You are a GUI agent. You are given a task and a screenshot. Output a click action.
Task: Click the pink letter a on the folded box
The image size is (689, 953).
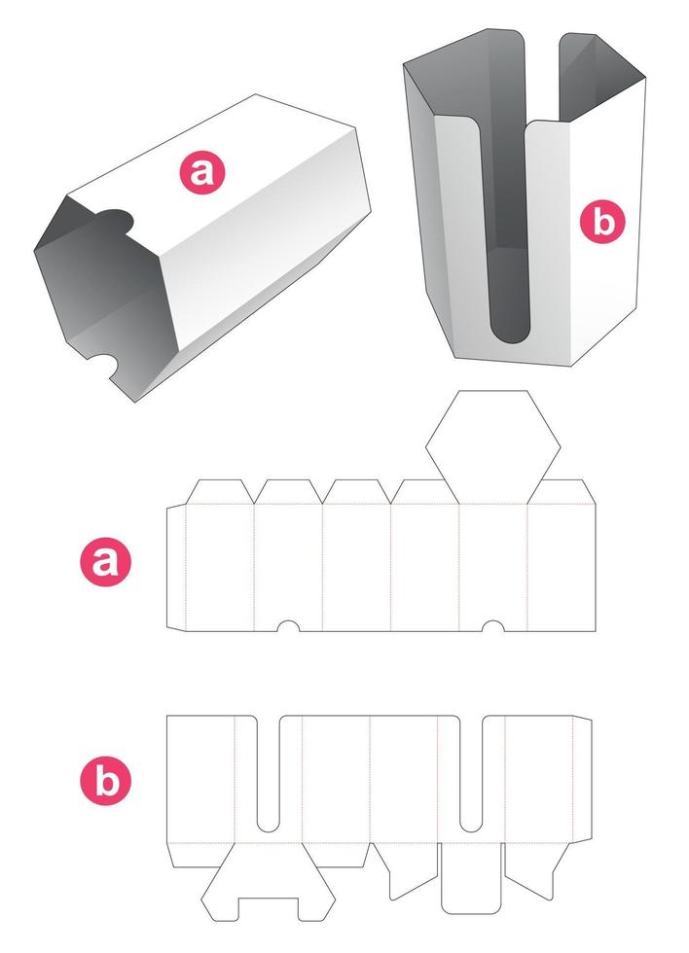(201, 172)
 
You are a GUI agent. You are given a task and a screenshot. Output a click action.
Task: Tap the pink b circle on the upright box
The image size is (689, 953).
(602, 222)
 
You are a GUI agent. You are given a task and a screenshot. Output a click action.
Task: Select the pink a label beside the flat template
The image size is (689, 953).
(105, 561)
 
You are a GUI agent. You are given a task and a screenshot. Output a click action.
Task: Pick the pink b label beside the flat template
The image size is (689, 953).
(105, 780)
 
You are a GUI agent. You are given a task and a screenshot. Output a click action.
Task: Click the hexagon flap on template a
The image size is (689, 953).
(492, 447)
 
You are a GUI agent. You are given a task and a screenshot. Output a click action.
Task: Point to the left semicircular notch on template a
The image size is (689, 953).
(288, 626)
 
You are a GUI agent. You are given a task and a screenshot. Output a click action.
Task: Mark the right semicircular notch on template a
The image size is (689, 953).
(493, 626)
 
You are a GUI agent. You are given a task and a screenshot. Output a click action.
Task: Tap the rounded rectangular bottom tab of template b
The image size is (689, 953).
(471, 877)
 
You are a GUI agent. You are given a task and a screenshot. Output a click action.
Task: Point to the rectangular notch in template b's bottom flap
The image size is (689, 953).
(269, 909)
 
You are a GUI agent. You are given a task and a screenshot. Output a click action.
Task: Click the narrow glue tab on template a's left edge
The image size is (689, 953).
(176, 566)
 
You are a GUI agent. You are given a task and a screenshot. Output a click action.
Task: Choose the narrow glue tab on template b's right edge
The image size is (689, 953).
(583, 780)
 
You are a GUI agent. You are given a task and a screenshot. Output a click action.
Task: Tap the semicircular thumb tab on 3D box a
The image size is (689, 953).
(114, 220)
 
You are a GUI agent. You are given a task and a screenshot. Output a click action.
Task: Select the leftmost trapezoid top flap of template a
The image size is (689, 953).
(220, 492)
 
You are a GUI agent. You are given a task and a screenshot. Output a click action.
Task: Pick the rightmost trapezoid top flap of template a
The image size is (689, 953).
(562, 492)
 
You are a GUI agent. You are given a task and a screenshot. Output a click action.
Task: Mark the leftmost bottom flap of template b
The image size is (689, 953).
(201, 855)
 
